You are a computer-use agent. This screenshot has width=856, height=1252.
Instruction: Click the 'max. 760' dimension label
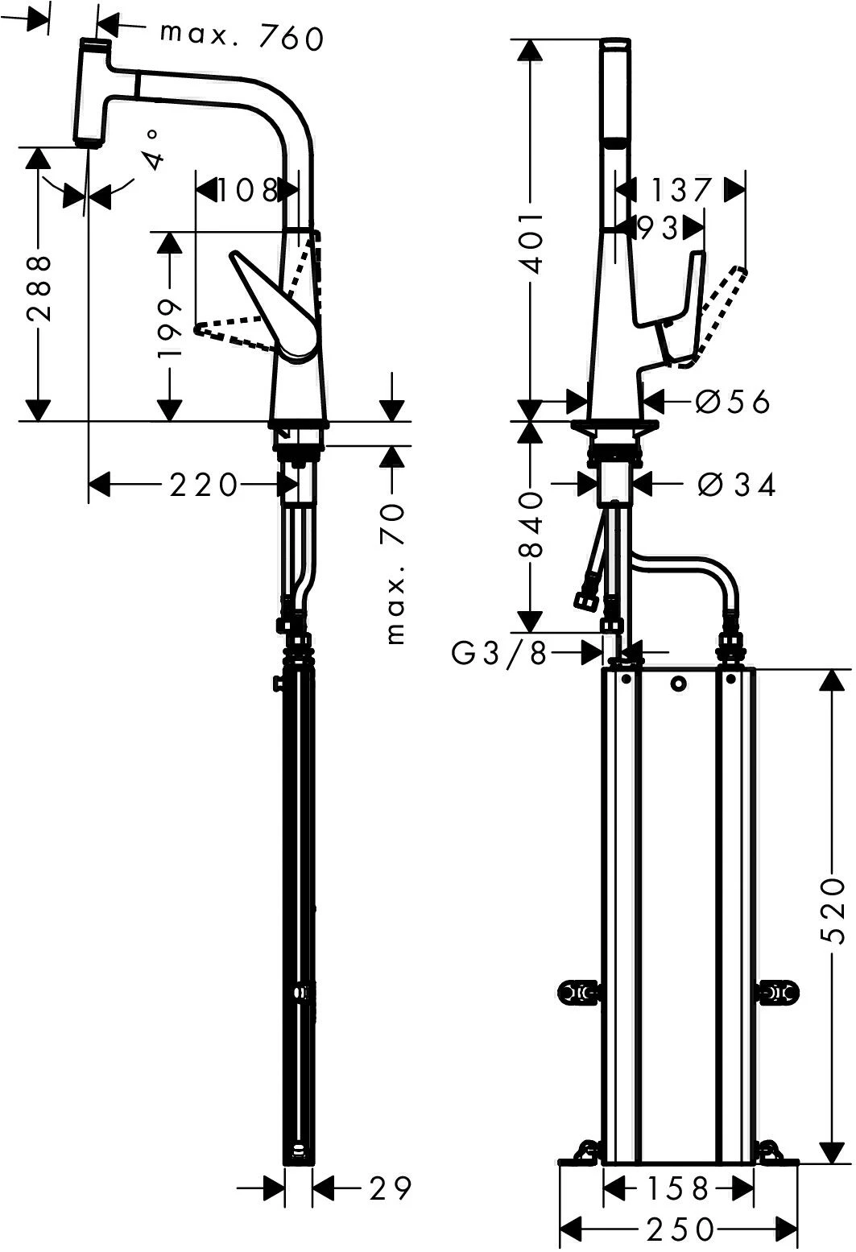pos(241,35)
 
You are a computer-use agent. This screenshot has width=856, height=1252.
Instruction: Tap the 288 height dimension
pos(37,288)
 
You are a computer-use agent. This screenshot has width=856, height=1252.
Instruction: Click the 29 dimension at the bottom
pos(391,1188)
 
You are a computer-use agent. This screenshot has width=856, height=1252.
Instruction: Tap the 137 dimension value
pos(680,190)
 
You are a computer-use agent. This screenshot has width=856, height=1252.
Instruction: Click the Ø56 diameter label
pos(732,400)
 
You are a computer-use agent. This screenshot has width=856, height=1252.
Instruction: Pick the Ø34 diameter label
pos(736,485)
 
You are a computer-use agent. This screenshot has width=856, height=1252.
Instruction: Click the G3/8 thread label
pos(498,654)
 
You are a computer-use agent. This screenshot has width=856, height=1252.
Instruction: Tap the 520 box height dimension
pos(830,911)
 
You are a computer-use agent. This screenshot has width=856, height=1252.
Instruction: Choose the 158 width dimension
pos(679,1188)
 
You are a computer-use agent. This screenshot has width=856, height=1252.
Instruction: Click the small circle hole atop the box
pos(678,684)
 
